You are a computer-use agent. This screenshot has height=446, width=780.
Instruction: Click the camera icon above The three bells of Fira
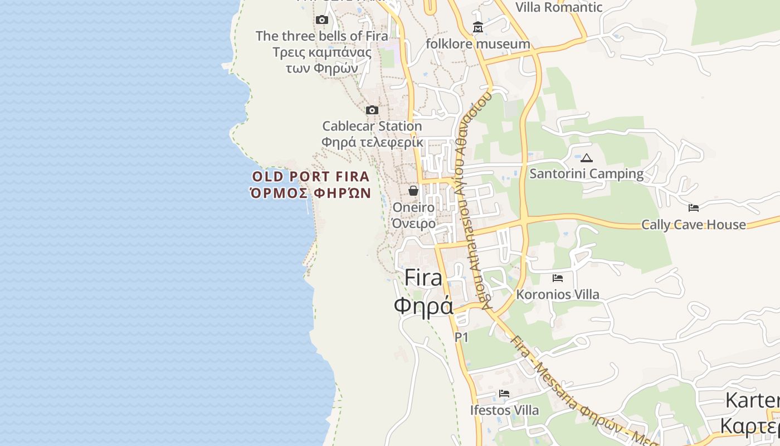pyautogui.click(x=321, y=20)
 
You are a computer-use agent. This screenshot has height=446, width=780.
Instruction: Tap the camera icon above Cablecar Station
pyautogui.click(x=372, y=110)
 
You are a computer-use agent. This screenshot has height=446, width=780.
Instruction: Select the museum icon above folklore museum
pyautogui.click(x=478, y=27)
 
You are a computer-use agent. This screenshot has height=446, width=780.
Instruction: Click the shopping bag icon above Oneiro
pyautogui.click(x=413, y=191)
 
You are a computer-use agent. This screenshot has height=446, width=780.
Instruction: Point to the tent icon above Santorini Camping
pyautogui.click(x=587, y=158)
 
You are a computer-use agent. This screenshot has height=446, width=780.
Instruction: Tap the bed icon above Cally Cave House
pyautogui.click(x=694, y=208)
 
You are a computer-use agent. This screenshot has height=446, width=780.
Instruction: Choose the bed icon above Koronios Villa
pyautogui.click(x=558, y=278)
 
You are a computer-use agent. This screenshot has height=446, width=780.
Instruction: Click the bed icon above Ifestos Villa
pyautogui.click(x=504, y=394)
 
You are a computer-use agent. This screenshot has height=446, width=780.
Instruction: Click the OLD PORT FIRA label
pyautogui.click(x=311, y=177)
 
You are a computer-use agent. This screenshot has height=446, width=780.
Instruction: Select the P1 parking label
pyautogui.click(x=461, y=337)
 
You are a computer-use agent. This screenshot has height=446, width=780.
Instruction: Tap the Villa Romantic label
pyautogui.click(x=559, y=7)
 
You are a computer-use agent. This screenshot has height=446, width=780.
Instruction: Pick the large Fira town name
pyautogui.click(x=423, y=278)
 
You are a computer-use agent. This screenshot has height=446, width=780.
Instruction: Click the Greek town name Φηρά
pyautogui.click(x=423, y=306)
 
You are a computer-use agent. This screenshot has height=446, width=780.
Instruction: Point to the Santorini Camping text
pyautogui.click(x=587, y=173)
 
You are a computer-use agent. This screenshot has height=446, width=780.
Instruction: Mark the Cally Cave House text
pyautogui.click(x=694, y=225)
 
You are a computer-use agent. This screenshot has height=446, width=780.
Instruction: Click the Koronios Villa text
pyautogui.click(x=558, y=294)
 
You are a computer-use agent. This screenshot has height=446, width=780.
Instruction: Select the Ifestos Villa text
pyautogui.click(x=504, y=410)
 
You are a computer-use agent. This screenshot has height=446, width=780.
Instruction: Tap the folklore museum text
pyautogui.click(x=478, y=43)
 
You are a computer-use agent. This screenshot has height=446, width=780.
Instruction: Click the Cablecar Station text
pyautogui.click(x=372, y=126)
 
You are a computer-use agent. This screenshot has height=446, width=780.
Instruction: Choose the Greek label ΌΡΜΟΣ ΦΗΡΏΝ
pyautogui.click(x=310, y=193)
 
